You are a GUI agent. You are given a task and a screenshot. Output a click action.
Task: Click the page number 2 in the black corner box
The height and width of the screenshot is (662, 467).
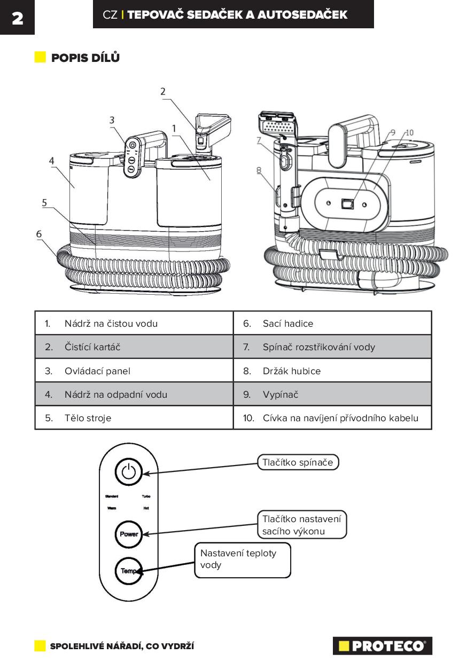coord(17,18)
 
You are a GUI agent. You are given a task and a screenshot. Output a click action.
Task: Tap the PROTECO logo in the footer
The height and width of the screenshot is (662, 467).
coord(382,646)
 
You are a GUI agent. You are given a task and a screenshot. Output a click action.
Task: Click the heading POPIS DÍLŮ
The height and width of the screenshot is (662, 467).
coord(85,58)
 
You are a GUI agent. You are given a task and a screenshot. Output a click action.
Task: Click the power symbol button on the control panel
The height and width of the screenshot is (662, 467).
coord(129,472)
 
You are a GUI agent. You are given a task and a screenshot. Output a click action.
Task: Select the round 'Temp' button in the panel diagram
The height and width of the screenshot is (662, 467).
coord(129,571)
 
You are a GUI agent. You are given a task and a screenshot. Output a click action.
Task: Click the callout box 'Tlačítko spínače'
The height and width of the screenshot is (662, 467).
coord(298,462)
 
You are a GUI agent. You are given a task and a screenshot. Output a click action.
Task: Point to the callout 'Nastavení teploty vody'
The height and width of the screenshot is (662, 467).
coord(242,559)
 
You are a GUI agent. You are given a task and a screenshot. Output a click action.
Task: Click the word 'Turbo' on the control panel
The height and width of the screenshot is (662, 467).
coord(146,496)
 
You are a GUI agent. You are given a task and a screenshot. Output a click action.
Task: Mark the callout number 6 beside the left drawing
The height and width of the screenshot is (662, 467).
coord(39,234)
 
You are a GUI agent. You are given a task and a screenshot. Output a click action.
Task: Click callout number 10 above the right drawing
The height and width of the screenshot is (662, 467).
coord(409,132)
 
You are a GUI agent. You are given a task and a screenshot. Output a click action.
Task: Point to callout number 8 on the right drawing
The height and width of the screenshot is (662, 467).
coord(259,171)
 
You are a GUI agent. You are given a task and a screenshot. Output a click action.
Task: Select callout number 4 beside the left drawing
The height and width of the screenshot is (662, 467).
coord(51,160)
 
